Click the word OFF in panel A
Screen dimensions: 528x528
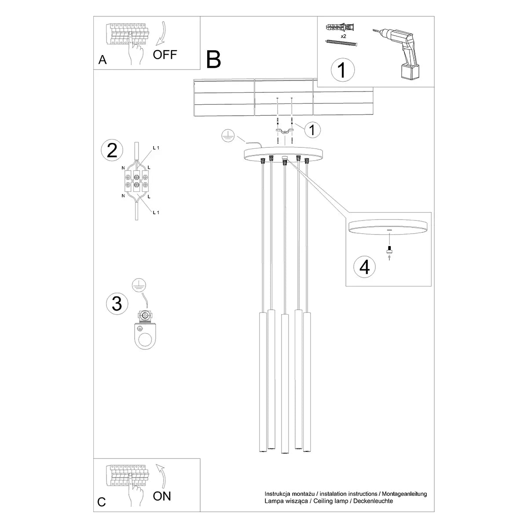pyautogui.click(x=165, y=55)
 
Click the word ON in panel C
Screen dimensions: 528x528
pyautogui.click(x=162, y=496)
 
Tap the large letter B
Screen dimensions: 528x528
pyautogui.click(x=213, y=60)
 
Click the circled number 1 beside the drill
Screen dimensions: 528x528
pyautogui.click(x=342, y=70)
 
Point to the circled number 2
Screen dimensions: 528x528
pyautogui.click(x=112, y=150)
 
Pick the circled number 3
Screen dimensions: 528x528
pyautogui.click(x=117, y=304)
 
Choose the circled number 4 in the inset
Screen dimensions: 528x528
pyautogui.click(x=365, y=267)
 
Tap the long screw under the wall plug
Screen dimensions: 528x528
pyautogui.click(x=341, y=43)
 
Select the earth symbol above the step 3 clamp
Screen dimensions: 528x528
pyautogui.click(x=139, y=284)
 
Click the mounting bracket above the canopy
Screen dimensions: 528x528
pyautogui.click(x=285, y=131)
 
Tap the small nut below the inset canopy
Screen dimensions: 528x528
pyautogui.click(x=389, y=251)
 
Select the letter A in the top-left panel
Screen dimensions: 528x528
pyautogui.click(x=102, y=60)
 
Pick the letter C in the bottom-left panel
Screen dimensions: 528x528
pyautogui.click(x=102, y=502)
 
